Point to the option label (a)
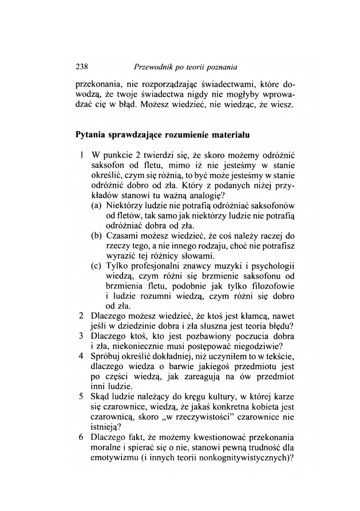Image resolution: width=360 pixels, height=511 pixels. coord(97,204)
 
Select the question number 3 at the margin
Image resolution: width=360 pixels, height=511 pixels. coord(82,336)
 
